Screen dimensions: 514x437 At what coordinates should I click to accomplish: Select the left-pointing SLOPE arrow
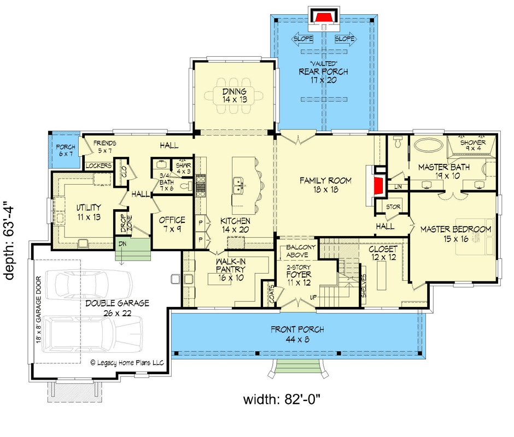pyautogui.click(x=302, y=39)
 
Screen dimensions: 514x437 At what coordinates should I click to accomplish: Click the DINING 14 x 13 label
pyautogui.click(x=235, y=96)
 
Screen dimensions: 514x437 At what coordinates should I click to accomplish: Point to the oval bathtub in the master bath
pyautogui.click(x=429, y=144)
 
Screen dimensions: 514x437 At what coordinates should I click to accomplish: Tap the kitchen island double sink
pyautogui.click(x=239, y=186)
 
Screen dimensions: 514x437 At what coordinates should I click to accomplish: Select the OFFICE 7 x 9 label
pyautogui.click(x=172, y=225)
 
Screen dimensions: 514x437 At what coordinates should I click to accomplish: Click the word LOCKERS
pyautogui.click(x=98, y=166)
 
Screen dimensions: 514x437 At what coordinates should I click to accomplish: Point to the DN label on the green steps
pyautogui.click(x=122, y=244)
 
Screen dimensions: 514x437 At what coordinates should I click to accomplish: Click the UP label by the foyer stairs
pyautogui.click(x=313, y=298)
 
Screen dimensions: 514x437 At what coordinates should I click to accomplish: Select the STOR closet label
pyautogui.click(x=393, y=206)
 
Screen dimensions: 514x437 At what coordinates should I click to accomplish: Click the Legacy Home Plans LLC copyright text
pyautogui.click(x=127, y=363)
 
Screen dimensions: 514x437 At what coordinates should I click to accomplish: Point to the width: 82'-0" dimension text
pyautogui.click(x=282, y=400)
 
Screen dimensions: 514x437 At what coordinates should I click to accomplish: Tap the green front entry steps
pyautogui.click(x=297, y=366)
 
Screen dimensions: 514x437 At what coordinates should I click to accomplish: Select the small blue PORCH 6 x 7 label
pyautogui.click(x=66, y=150)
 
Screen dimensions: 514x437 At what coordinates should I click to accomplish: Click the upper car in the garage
pyautogui.click(x=89, y=285)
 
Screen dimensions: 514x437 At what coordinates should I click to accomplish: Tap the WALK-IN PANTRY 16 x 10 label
pyautogui.click(x=231, y=270)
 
